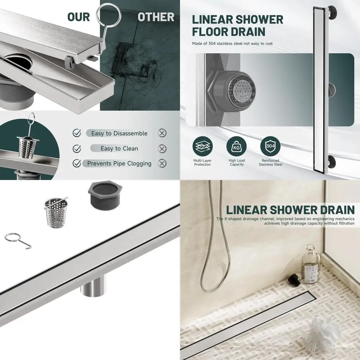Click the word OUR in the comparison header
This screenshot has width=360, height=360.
point(78,17)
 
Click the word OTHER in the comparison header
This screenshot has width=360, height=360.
point(156,17)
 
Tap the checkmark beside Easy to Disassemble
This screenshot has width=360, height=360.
point(77,133)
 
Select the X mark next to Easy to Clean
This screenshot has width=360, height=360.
point(162,149)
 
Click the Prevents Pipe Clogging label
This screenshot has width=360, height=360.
point(119,163)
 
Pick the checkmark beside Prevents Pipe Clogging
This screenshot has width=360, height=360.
point(77,163)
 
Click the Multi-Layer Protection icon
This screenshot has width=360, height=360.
point(202,147)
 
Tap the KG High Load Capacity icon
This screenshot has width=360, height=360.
point(236,147)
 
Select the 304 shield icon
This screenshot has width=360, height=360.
point(270,147)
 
